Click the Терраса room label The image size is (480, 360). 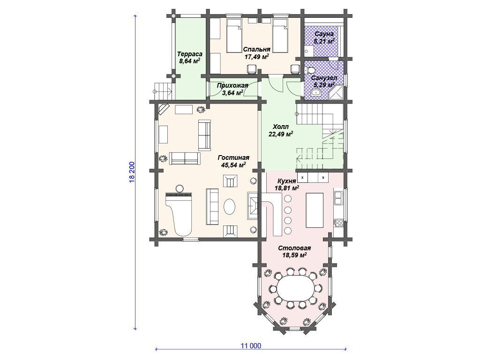[190, 54]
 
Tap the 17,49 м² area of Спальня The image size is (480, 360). [256, 56]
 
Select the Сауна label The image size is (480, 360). [324, 34]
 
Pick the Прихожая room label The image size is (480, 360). [232, 85]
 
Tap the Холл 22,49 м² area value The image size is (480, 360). [281, 134]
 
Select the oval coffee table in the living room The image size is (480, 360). [229, 207]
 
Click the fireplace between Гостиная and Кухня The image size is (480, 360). [253, 206]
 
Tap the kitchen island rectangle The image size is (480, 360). [315, 210]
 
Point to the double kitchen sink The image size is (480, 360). [338, 198]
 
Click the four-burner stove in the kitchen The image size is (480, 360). [338, 222]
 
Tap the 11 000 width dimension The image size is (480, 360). [251, 346]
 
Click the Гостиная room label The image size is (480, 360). [233, 157]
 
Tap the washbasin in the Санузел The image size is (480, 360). [315, 93]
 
